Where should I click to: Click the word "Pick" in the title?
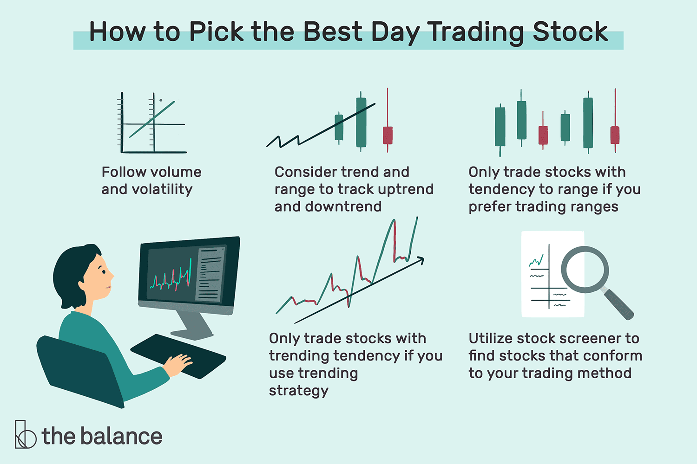[216, 32]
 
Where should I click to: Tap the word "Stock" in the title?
[570, 32]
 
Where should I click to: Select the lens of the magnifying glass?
[585, 270]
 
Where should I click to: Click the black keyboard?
[178, 356]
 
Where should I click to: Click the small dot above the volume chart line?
[161, 100]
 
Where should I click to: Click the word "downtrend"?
[343, 206]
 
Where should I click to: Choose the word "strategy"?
[299, 391]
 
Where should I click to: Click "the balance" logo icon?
[25, 434]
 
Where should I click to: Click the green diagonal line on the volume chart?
[152, 119]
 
